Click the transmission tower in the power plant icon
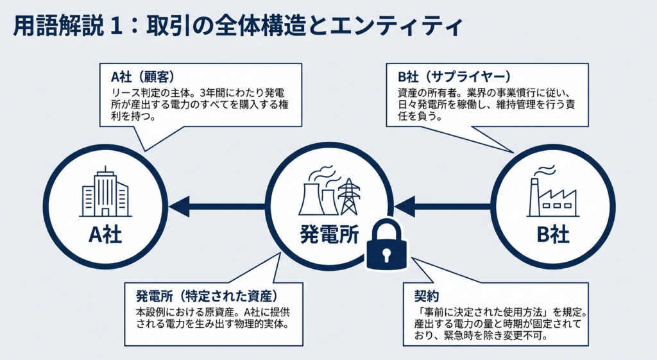348,196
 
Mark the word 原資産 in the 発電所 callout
227,311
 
